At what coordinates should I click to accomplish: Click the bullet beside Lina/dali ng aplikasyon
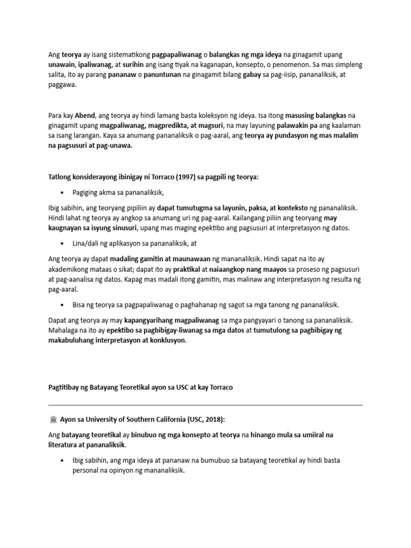pos(63,243)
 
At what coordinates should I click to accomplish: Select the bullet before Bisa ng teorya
pos(63,305)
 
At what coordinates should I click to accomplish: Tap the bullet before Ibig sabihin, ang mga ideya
pos(63,460)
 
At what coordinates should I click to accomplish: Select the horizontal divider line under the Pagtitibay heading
pos(205,405)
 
